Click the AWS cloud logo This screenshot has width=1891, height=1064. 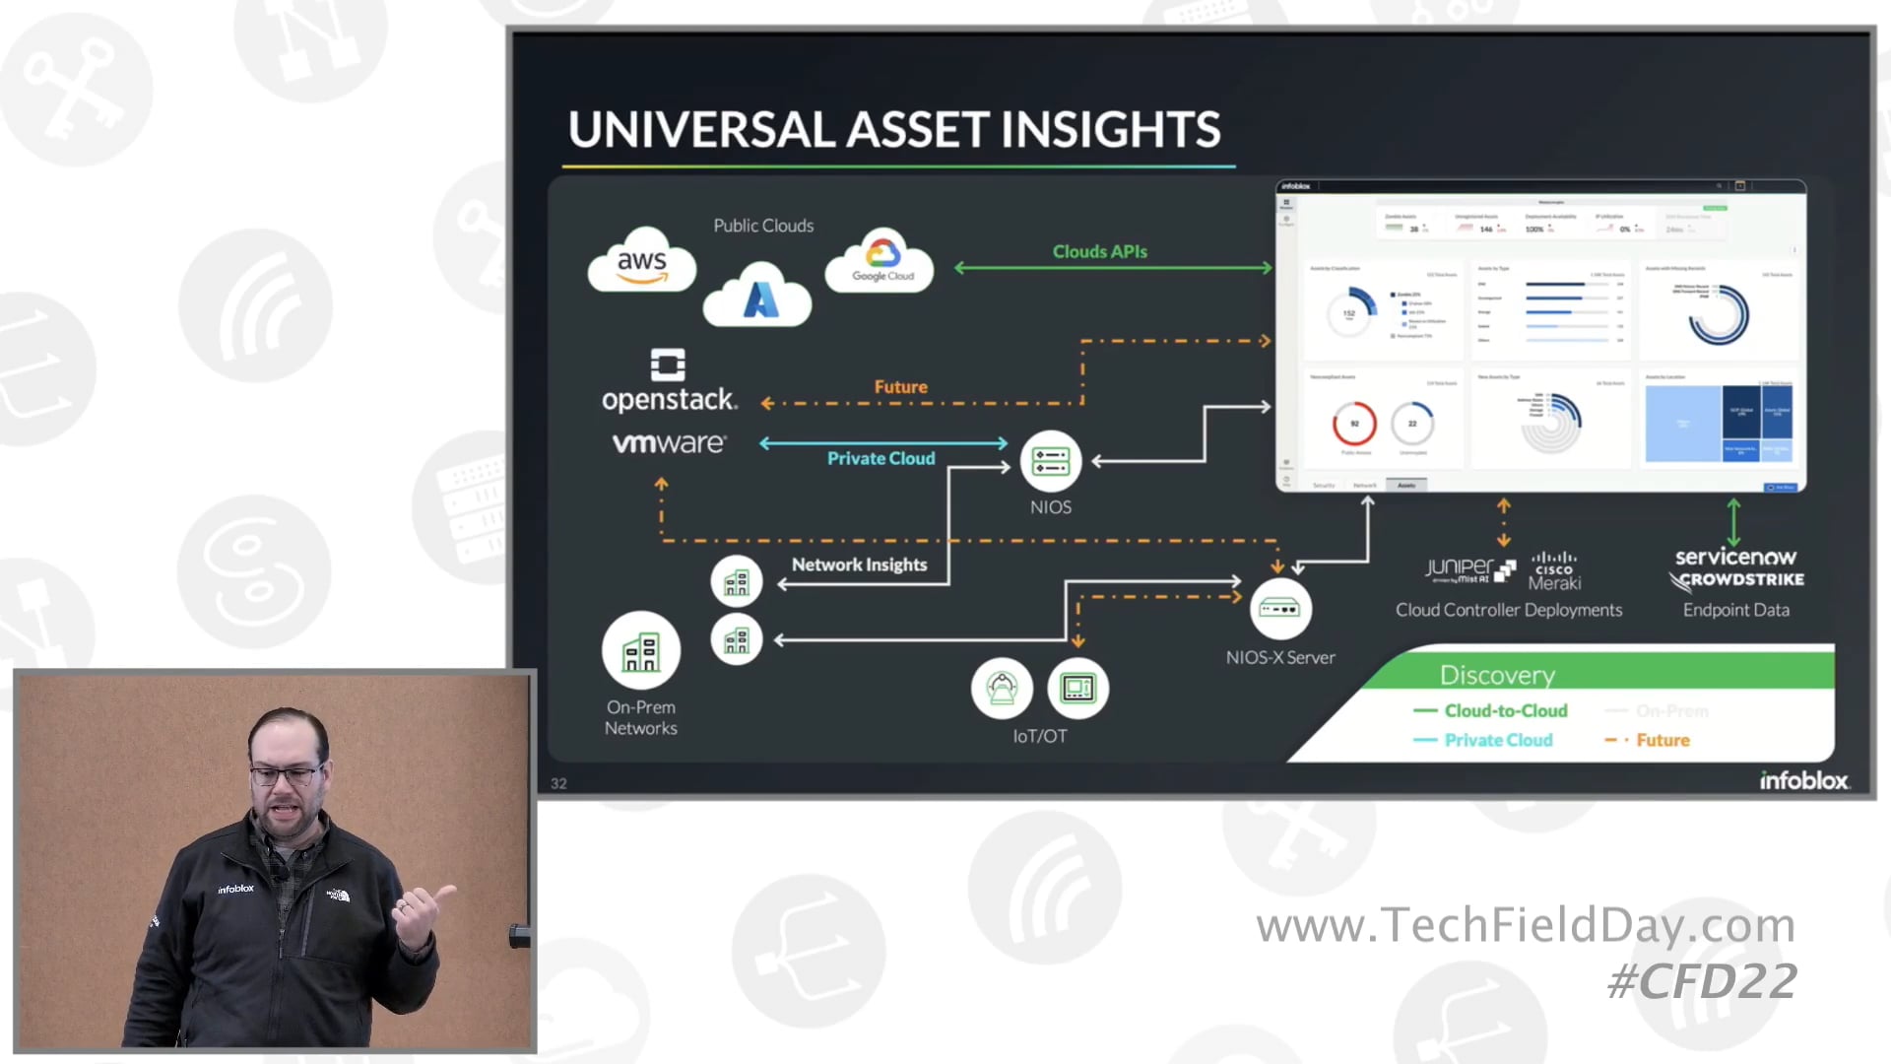(642, 262)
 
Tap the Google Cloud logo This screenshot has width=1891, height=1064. (881, 261)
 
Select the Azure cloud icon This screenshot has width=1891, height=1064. (758, 297)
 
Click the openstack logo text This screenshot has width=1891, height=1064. (669, 399)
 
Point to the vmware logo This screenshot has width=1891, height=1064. (669, 443)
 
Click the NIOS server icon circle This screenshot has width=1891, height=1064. (1051, 461)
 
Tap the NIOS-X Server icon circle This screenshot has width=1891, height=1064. (1280, 609)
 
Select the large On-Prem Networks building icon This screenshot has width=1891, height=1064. (641, 650)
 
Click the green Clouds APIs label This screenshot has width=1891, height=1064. (1099, 252)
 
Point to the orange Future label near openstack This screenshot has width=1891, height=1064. (900, 387)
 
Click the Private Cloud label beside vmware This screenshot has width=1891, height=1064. (880, 459)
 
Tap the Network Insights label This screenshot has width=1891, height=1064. (859, 565)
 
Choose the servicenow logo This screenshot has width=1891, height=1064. (1735, 557)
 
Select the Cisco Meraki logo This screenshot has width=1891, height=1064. (1554, 571)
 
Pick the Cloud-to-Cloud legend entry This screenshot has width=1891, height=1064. (1505, 711)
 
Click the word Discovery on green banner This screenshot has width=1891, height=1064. (1497, 675)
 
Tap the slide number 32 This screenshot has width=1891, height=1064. (558, 783)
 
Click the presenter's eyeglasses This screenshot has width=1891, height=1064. (287, 774)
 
